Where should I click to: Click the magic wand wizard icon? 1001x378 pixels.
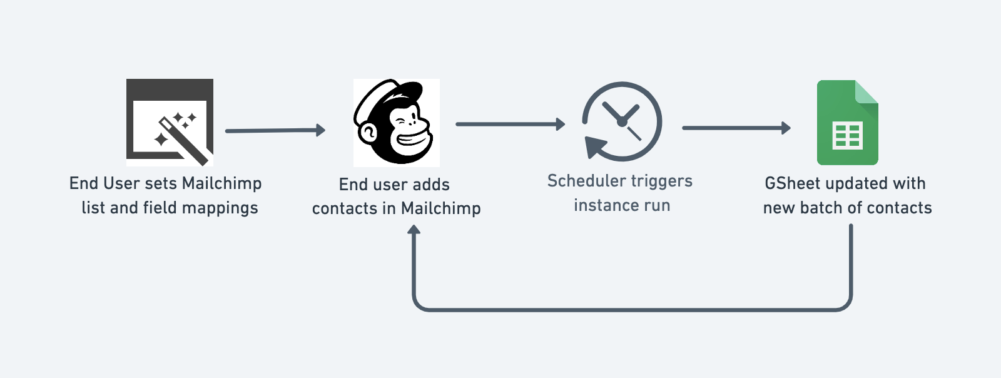click(170, 122)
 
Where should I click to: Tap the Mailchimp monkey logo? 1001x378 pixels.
click(396, 123)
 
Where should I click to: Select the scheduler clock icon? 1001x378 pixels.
click(621, 121)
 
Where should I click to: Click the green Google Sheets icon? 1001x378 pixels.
click(847, 123)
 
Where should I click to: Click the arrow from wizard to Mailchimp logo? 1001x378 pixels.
click(275, 130)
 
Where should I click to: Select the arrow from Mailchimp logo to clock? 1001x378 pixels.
click(510, 125)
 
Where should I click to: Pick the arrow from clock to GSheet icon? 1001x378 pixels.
click(736, 128)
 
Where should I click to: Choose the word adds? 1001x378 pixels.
click(431, 185)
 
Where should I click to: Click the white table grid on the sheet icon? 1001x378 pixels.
click(848, 136)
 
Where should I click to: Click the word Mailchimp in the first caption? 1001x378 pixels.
click(221, 183)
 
